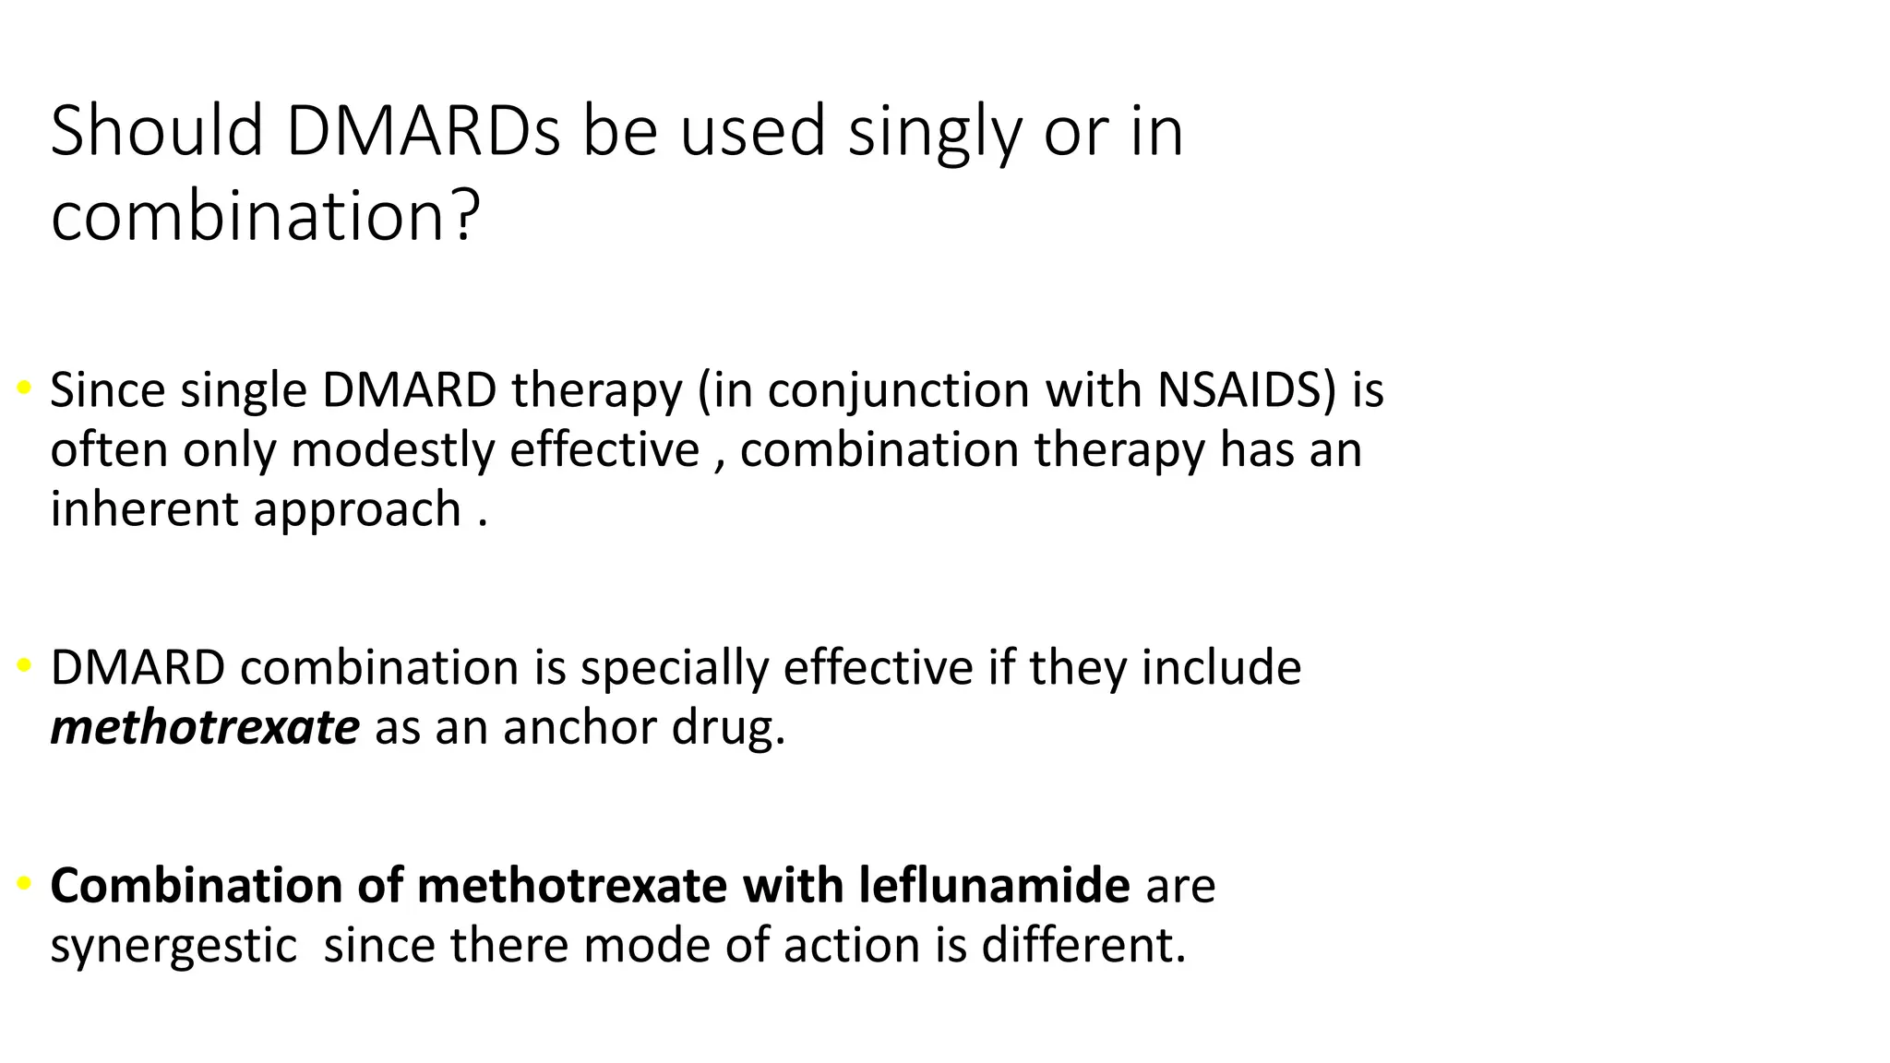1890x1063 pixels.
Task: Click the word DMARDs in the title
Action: tap(423, 131)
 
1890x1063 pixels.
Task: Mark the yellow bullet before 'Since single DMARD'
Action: tap(25, 388)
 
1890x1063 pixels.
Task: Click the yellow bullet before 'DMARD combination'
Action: tap(25, 665)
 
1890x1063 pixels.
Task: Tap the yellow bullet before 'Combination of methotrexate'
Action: tap(25, 884)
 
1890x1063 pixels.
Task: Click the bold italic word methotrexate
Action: tap(204, 727)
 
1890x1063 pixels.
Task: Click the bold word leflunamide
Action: tap(994, 885)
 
